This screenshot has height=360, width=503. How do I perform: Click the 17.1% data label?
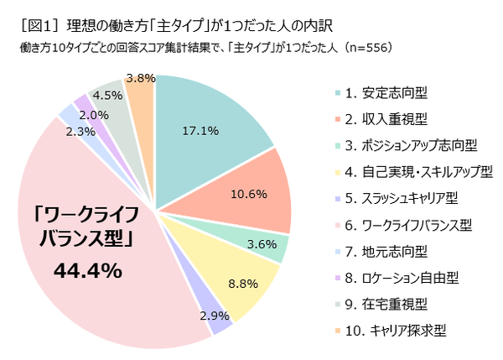(x=200, y=131)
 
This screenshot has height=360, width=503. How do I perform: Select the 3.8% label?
(x=138, y=78)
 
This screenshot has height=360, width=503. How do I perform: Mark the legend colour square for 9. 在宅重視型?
(x=338, y=305)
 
